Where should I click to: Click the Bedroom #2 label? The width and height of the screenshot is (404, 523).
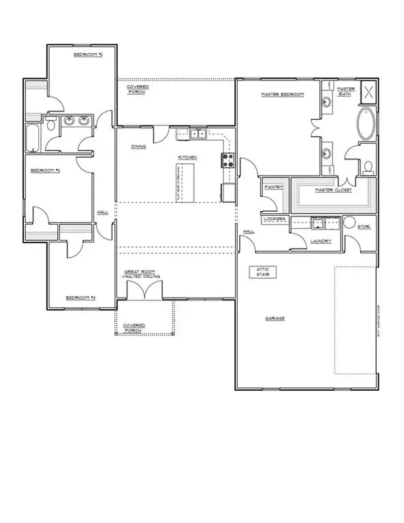pyautogui.click(x=88, y=54)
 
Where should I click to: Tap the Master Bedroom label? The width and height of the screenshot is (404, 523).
pyautogui.click(x=281, y=95)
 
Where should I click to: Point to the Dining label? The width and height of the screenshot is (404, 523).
pyautogui.click(x=138, y=146)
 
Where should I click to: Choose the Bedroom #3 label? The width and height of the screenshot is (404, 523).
pyautogui.click(x=45, y=170)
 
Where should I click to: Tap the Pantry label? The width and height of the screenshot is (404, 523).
pyautogui.click(x=273, y=185)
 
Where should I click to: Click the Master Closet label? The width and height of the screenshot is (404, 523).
pyautogui.click(x=332, y=191)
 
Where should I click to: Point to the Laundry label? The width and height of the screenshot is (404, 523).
pyautogui.click(x=320, y=240)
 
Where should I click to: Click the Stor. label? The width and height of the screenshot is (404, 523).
pyautogui.click(x=364, y=227)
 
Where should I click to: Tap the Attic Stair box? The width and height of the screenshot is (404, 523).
pyautogui.click(x=262, y=272)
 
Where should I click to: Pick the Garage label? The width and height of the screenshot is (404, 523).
pyautogui.click(x=275, y=318)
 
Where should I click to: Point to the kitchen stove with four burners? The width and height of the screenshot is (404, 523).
pyautogui.click(x=228, y=161)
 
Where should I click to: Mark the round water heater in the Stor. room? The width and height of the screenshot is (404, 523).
pyautogui.click(x=350, y=222)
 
